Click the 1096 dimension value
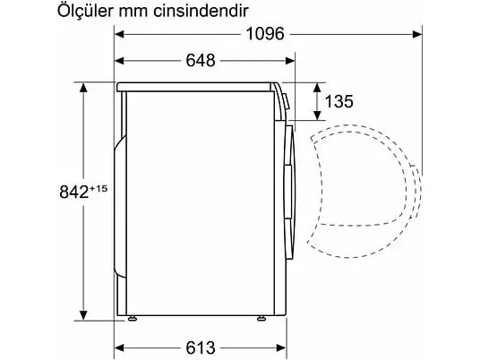point(265,34)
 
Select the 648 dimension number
point(201,60)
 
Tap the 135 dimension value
point(339,101)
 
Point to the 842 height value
point(74,193)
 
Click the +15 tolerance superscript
point(99,188)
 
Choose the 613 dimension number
point(201,347)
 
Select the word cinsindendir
point(201,12)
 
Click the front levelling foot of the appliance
point(261,319)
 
